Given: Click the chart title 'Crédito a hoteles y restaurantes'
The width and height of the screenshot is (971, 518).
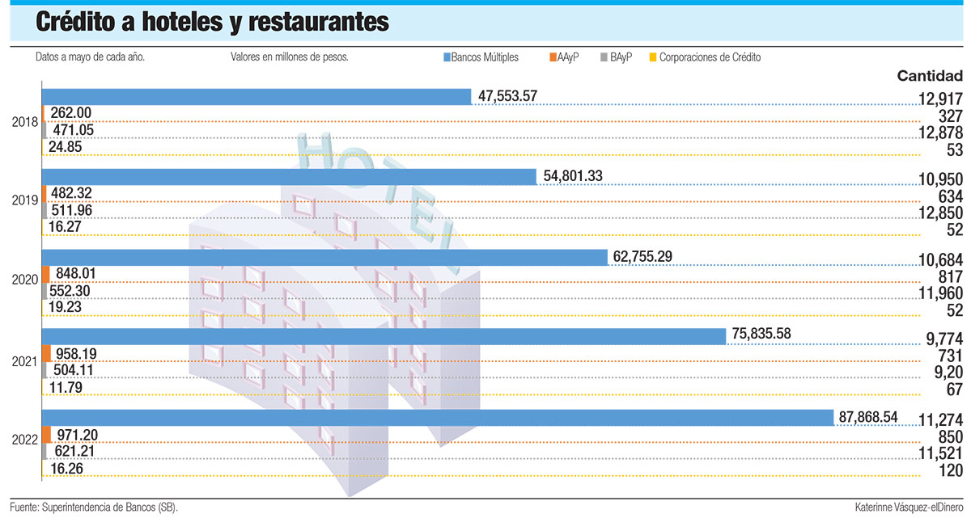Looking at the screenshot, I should [x=212, y=23].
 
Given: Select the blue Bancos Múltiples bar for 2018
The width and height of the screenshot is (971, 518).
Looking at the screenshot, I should [x=256, y=96].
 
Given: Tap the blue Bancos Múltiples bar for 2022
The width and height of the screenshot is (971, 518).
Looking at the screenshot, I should [x=437, y=418].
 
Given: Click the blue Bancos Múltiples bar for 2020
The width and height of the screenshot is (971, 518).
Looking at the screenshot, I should [x=324, y=257].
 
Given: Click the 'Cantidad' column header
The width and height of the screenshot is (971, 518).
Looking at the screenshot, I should [x=930, y=76].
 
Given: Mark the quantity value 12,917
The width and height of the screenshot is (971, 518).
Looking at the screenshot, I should [x=935, y=100].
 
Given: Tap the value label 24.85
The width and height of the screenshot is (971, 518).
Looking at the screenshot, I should [x=70, y=147].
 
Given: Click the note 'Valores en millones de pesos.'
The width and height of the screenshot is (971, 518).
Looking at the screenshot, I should [x=289, y=57].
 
